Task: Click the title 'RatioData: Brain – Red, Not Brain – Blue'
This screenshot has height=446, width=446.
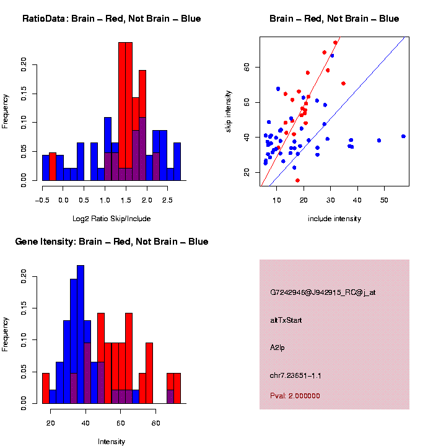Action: pyautogui.click(x=111, y=19)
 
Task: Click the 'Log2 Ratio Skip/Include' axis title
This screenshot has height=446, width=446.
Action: pyautogui.click(x=111, y=218)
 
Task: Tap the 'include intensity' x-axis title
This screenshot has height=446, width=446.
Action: pyautogui.click(x=334, y=219)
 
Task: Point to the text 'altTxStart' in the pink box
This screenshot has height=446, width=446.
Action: pyautogui.click(x=286, y=320)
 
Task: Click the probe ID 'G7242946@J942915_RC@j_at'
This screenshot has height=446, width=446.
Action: pyautogui.click(x=323, y=292)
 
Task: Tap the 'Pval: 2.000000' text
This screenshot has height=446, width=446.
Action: pyautogui.click(x=295, y=396)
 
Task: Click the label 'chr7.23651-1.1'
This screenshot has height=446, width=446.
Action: pyautogui.click(x=295, y=375)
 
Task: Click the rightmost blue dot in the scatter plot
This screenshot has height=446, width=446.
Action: pyautogui.click(x=403, y=136)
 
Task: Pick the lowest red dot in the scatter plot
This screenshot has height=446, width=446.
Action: pyautogui.click(x=297, y=180)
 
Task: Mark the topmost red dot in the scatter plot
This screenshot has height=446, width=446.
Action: pyautogui.click(x=335, y=43)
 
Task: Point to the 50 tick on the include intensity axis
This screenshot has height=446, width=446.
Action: pyautogui.click(x=384, y=201)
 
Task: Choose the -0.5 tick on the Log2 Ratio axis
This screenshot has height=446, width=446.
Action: pyautogui.click(x=42, y=201)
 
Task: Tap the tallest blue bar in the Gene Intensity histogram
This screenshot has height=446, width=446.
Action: pyautogui.click(x=81, y=334)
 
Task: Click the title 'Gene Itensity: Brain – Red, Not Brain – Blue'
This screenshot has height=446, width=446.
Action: pyautogui.click(x=111, y=242)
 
